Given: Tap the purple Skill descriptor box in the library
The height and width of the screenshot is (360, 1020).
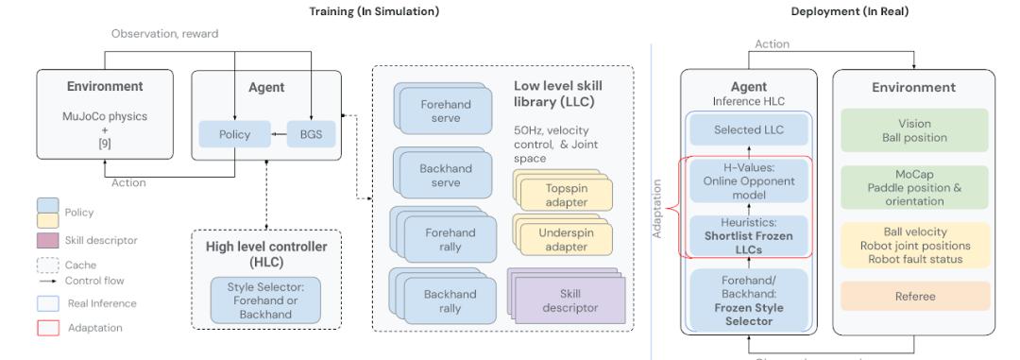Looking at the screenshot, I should [x=569, y=301].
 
